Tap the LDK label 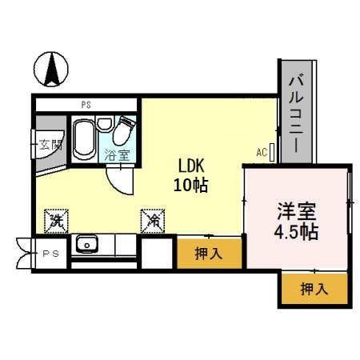(192, 166)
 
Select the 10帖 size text (192, 185)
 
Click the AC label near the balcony (262, 151)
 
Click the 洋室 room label (297, 213)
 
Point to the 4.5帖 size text (297, 234)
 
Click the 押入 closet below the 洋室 (314, 289)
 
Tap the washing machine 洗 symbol (56, 218)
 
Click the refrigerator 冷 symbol (152, 218)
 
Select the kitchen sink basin (86, 244)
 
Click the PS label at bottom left (50, 254)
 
